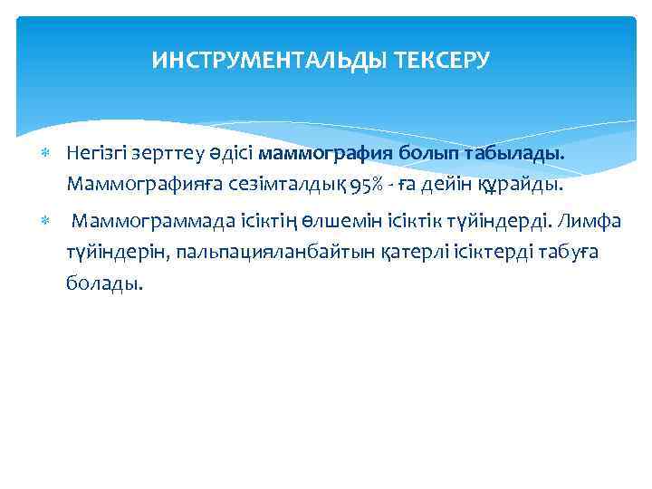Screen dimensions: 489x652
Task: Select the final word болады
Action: pos(103,283)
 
